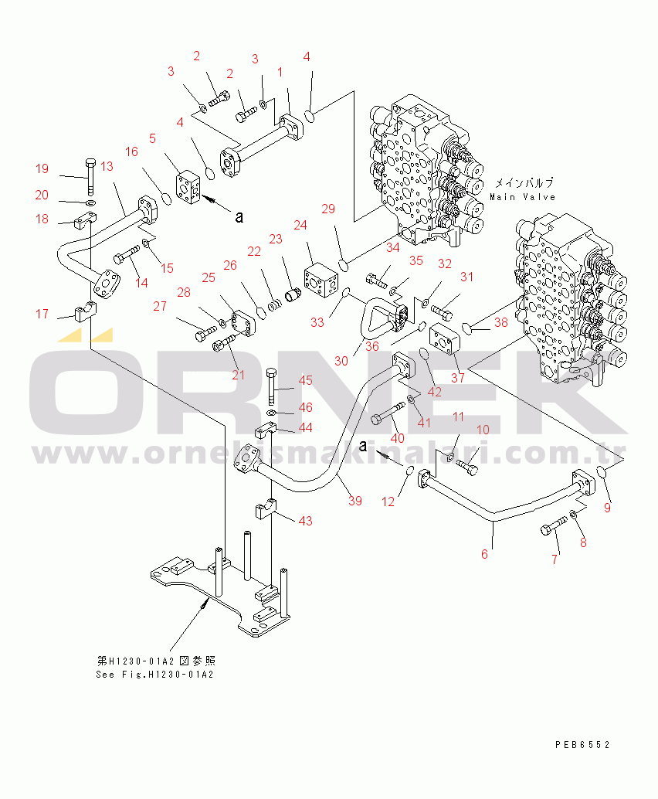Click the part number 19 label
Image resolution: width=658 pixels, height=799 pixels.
42,169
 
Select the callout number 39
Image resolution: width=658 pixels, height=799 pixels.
354,501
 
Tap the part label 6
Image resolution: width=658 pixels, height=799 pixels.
484,554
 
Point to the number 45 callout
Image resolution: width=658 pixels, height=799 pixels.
306,380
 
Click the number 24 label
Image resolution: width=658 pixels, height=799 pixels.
300,225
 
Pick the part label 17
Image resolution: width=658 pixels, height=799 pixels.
42,314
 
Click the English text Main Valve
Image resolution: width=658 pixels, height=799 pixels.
523,197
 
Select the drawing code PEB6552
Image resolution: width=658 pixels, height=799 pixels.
582,745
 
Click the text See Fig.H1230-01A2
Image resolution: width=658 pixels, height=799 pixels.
154,674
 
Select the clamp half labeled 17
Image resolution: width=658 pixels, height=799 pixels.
84,314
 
